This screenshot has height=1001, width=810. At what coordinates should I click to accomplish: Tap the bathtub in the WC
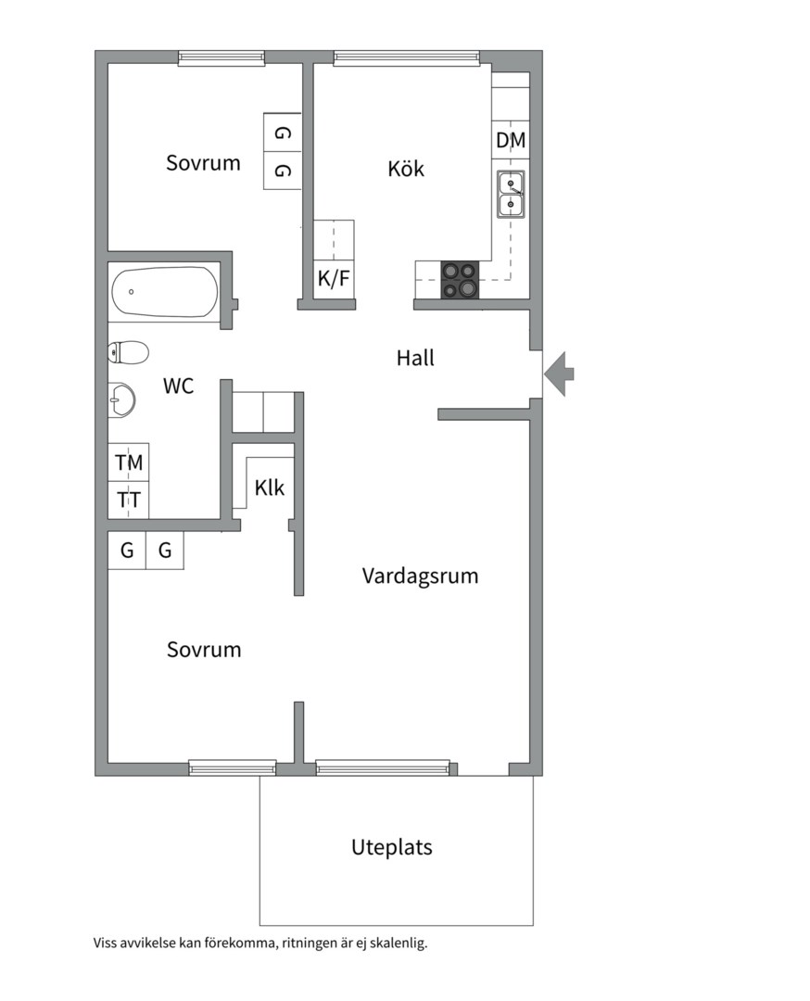tap(164, 292)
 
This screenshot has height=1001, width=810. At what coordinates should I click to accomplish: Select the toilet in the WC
tap(129, 352)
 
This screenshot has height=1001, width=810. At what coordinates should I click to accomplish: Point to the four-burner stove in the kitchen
tap(460, 280)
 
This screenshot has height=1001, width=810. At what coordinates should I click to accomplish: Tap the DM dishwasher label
tap(511, 141)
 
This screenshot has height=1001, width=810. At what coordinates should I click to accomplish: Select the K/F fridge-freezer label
tap(334, 278)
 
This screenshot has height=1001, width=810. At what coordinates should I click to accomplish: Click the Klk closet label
tap(270, 488)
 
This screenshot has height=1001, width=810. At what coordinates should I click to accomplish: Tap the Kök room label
tap(406, 169)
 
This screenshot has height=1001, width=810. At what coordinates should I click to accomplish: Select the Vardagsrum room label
tap(420, 576)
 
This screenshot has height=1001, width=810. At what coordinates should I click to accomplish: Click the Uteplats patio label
tap(391, 847)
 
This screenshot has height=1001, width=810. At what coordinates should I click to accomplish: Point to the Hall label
tap(415, 358)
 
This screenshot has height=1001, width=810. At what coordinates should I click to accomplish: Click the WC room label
tap(179, 386)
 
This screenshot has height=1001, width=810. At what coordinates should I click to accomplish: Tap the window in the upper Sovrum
tap(221, 57)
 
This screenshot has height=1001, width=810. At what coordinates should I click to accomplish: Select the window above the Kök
tap(407, 57)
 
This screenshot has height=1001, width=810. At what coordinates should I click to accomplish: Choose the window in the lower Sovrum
tap(233, 767)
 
